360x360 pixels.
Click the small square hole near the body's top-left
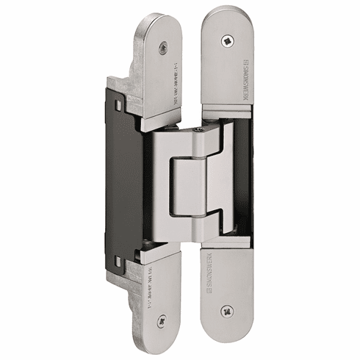(118, 105)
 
